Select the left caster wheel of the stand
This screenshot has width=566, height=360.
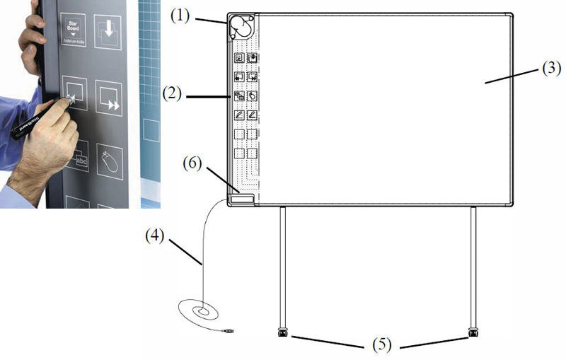coord(284,331)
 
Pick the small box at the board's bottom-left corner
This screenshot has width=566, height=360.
coord(243,200)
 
